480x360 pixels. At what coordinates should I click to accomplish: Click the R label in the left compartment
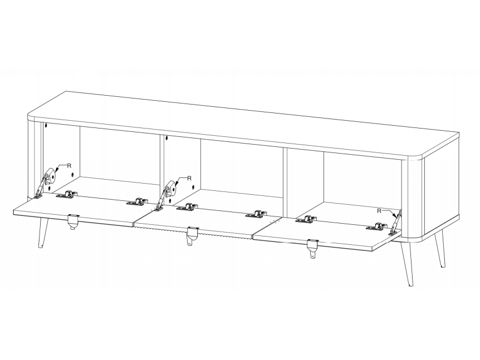pos(69,166)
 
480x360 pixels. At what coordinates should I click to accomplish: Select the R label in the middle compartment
pos(189,178)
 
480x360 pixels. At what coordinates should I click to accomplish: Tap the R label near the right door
pos(379,211)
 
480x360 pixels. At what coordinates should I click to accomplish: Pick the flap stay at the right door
pos(395,223)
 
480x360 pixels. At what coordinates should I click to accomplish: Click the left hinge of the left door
pos(67,195)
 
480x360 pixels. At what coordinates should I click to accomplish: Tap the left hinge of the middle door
pos(187,207)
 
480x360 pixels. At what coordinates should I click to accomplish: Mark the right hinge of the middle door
pos(257,214)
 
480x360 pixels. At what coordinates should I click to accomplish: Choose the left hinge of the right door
pos(306,219)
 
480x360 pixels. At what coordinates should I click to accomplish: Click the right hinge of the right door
pos(377,226)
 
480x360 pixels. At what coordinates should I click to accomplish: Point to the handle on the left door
pos(73,221)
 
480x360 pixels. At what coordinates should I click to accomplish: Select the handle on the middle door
pos(193,234)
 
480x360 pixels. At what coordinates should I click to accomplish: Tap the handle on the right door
pos(313,246)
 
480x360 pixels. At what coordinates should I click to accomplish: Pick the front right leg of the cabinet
pos(406,264)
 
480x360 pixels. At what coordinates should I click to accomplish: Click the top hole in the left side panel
pos(46,125)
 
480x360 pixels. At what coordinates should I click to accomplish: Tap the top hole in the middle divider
pos(167,138)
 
